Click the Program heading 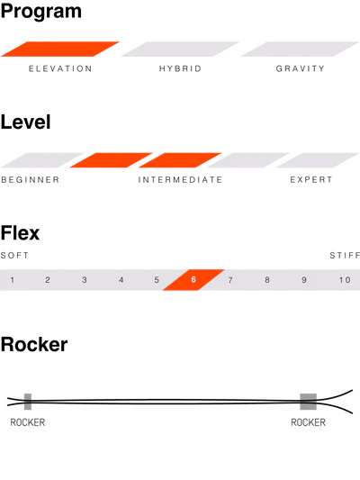coord(41,12)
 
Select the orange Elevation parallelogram coord(60,49)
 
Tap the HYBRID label coord(180,68)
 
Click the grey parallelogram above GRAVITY coord(300,49)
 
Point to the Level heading coord(26,122)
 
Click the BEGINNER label coord(31,180)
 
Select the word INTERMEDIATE coord(180,180)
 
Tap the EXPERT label coord(311,180)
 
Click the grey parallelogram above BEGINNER coord(42,160)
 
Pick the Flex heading coord(20,233)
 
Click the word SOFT coord(14,255)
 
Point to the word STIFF coord(345,255)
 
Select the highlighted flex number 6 coord(193,280)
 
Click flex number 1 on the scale coord(13,280)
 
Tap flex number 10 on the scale coord(345,280)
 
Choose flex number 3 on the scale coord(85,280)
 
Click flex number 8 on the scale coord(267,280)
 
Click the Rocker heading coord(34,344)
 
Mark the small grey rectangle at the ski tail coord(28,402)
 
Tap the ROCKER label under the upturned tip coord(308,422)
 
